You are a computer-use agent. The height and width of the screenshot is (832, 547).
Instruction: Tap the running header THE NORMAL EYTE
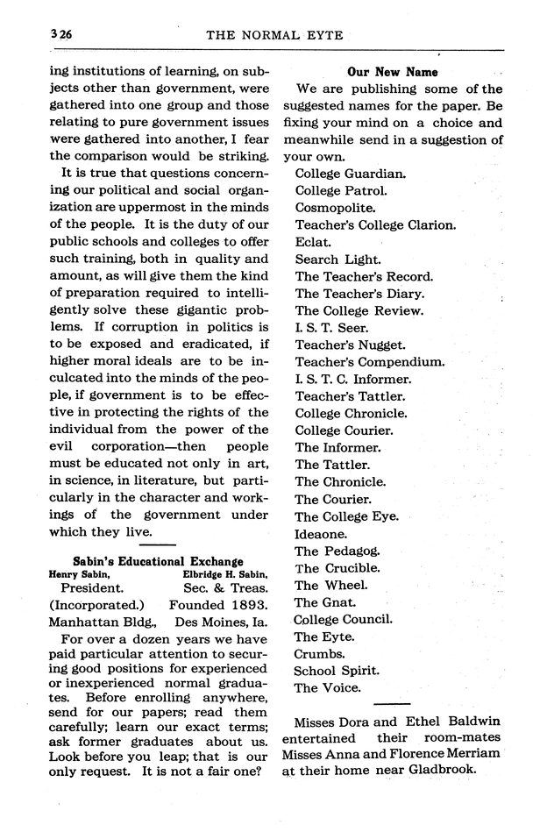coord(273,36)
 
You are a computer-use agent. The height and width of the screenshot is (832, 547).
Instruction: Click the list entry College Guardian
coord(350,173)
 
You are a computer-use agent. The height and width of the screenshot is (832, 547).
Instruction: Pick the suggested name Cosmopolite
coord(335,208)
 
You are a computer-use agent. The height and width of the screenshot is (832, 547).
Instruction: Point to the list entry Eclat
coord(313,241)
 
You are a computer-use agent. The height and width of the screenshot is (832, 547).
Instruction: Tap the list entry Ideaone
coord(321,532)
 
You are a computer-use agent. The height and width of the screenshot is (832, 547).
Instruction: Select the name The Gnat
coord(325,601)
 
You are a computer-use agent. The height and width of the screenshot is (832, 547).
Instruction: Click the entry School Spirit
coord(337,671)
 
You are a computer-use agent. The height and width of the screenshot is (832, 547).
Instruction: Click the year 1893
coord(243,605)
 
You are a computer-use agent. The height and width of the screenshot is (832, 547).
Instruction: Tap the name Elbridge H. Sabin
coord(224,574)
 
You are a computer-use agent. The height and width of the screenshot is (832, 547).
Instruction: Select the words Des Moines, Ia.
coord(222,622)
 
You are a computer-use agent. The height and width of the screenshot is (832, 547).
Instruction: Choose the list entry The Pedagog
coord(337,550)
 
